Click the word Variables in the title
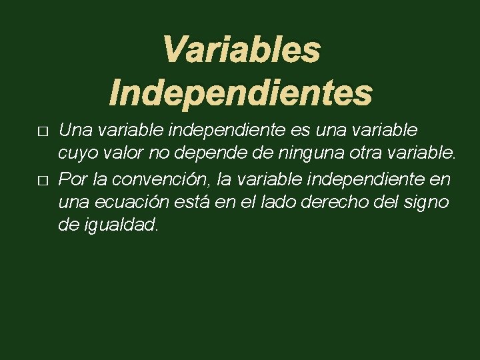coord(241,51)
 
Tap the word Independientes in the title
coord(241,93)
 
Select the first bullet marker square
coord(43,132)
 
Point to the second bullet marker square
coord(43,181)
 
